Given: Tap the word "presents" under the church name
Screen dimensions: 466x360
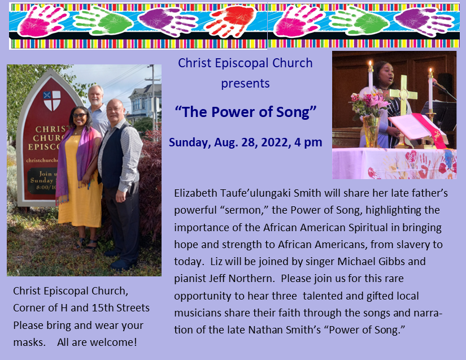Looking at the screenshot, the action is pyautogui.click(x=245, y=84).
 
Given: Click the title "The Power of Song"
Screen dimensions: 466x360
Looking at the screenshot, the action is pyautogui.click(x=246, y=112).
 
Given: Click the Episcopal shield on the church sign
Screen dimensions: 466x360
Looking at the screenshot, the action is pyautogui.click(x=52, y=101).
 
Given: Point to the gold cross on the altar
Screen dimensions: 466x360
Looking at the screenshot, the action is pyautogui.click(x=403, y=98).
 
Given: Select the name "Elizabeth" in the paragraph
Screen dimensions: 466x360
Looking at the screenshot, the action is pyautogui.click(x=195, y=193).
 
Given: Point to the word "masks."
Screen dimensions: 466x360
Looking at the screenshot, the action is pyautogui.click(x=29, y=342).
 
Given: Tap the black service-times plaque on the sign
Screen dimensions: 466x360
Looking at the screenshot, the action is pyautogui.click(x=43, y=181).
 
